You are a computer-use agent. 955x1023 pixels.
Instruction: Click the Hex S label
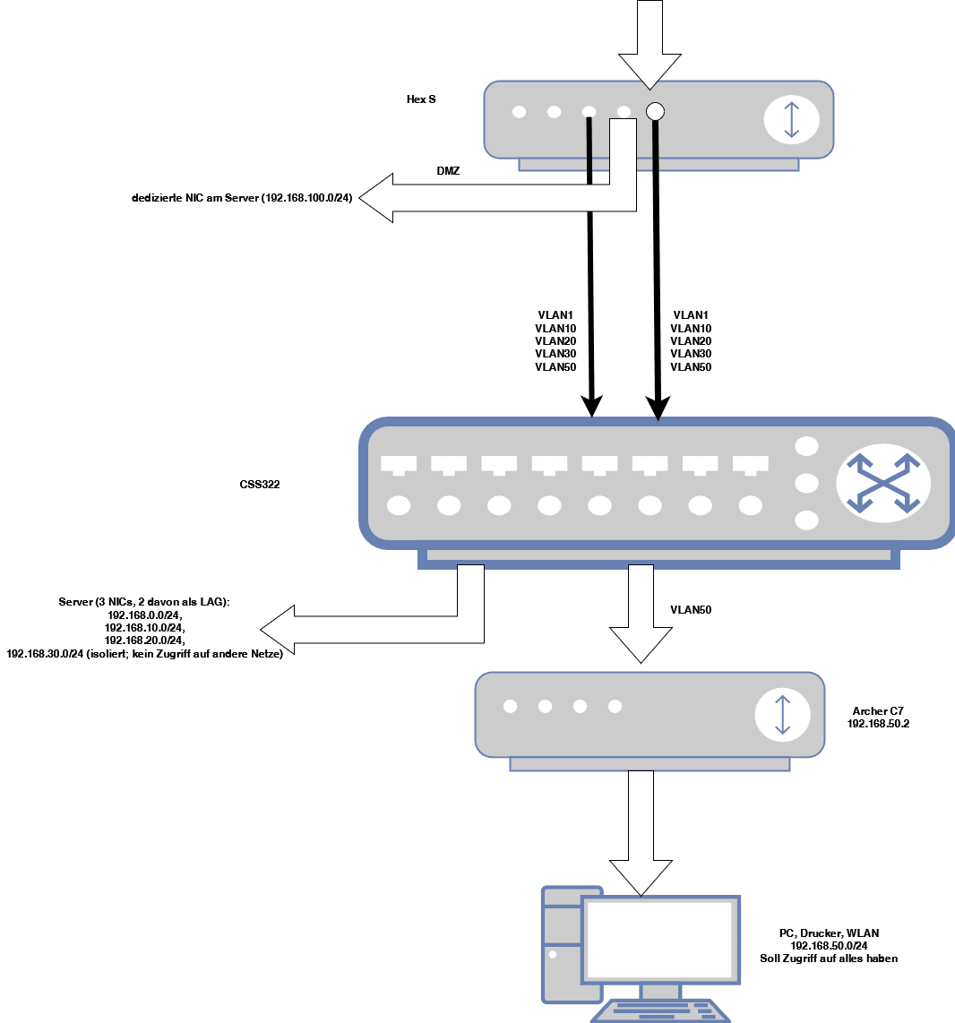coord(421,99)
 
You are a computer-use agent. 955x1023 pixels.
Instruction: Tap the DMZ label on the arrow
coord(448,170)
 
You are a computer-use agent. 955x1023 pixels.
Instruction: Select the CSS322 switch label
coord(261,485)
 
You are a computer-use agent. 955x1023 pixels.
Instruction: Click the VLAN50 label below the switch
coord(691,610)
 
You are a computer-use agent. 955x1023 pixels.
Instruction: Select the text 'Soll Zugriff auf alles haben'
coord(829,959)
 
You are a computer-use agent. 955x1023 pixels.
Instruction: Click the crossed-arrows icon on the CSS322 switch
coord(883,484)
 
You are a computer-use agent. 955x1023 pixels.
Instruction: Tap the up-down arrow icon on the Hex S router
coord(790,119)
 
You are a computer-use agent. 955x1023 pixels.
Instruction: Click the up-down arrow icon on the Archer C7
coord(782,714)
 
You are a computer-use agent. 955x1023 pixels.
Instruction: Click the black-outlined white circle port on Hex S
coord(655,111)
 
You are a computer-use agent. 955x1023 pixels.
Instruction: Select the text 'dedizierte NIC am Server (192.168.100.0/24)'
coord(242,197)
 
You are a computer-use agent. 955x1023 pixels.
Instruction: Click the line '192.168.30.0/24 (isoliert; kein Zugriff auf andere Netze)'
coord(144,654)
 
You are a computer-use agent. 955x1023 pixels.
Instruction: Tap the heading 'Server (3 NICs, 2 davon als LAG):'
coord(144,603)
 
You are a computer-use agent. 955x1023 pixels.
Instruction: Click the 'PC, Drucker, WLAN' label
coord(829,933)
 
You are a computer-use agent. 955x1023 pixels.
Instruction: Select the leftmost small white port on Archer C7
coord(510,706)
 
